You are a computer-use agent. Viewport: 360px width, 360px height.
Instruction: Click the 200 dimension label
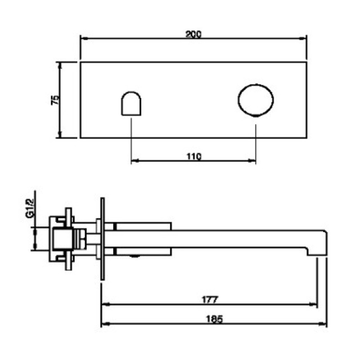pyautogui.click(x=193, y=34)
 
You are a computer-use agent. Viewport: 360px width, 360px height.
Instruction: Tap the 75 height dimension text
pyautogui.click(x=55, y=100)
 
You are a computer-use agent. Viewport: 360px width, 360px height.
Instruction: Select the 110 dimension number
pyautogui.click(x=194, y=157)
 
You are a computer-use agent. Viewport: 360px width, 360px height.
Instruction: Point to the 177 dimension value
pyautogui.click(x=210, y=300)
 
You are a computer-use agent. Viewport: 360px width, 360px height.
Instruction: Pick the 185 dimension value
pyautogui.click(x=215, y=319)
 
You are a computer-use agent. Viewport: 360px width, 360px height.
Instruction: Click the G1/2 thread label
pyautogui.click(x=30, y=208)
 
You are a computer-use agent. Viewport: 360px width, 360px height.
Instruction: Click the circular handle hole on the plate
pyautogui.click(x=256, y=100)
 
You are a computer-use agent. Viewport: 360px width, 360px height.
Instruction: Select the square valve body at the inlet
pyautogui.click(x=63, y=239)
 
